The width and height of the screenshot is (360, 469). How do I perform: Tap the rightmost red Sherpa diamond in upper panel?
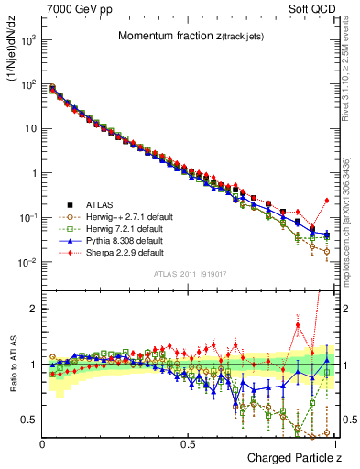(x=327, y=201)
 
